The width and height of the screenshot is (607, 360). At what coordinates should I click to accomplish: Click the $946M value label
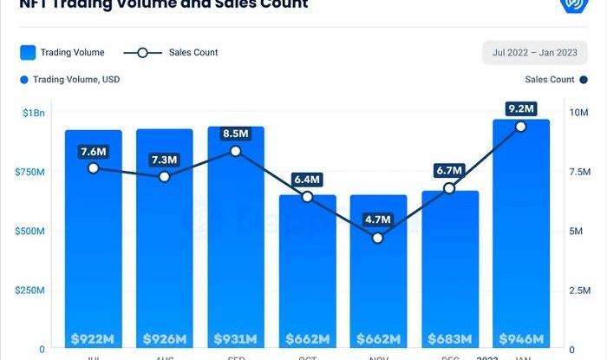click(521, 337)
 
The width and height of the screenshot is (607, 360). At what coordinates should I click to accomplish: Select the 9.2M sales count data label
click(521, 108)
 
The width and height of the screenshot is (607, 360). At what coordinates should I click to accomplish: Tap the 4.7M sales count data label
click(378, 219)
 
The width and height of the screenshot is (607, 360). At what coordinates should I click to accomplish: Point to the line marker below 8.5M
click(236, 151)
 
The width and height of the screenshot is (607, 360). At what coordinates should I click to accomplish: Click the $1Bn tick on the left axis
click(35, 114)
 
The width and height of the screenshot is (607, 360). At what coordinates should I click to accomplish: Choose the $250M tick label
click(31, 290)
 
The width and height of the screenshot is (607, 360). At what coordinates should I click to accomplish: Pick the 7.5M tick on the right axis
click(580, 173)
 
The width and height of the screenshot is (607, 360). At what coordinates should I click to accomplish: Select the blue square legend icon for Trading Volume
click(27, 52)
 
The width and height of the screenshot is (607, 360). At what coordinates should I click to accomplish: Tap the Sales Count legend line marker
click(143, 53)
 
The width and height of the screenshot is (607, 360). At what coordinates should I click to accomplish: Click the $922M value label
click(93, 337)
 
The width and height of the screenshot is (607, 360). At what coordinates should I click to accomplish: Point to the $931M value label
click(236, 337)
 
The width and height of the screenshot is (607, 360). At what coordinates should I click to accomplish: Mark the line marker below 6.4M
click(307, 197)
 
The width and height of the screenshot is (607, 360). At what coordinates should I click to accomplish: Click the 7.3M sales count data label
click(165, 160)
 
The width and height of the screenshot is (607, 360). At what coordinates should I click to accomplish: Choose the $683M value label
click(450, 337)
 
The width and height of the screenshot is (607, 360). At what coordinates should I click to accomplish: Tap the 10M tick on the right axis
click(579, 114)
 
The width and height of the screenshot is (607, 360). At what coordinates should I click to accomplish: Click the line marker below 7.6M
click(93, 168)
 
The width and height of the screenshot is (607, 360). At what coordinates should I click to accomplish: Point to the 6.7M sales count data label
click(450, 170)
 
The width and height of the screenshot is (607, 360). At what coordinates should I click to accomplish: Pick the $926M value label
click(165, 337)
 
